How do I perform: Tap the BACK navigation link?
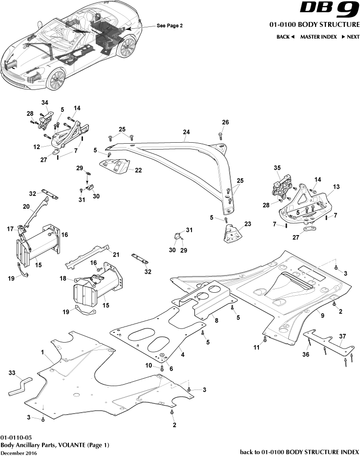coord(285,37)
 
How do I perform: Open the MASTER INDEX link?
coord(318,37)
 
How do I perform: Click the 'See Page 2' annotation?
coord(169,25)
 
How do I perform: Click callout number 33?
coord(12,372)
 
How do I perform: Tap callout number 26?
coord(225,122)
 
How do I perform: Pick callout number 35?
coord(277,168)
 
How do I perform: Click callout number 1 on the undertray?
coord(42,352)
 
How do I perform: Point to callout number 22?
coord(138,171)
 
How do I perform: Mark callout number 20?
coord(26,206)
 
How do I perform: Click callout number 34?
coord(45,102)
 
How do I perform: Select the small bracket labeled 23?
coord(231,232)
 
